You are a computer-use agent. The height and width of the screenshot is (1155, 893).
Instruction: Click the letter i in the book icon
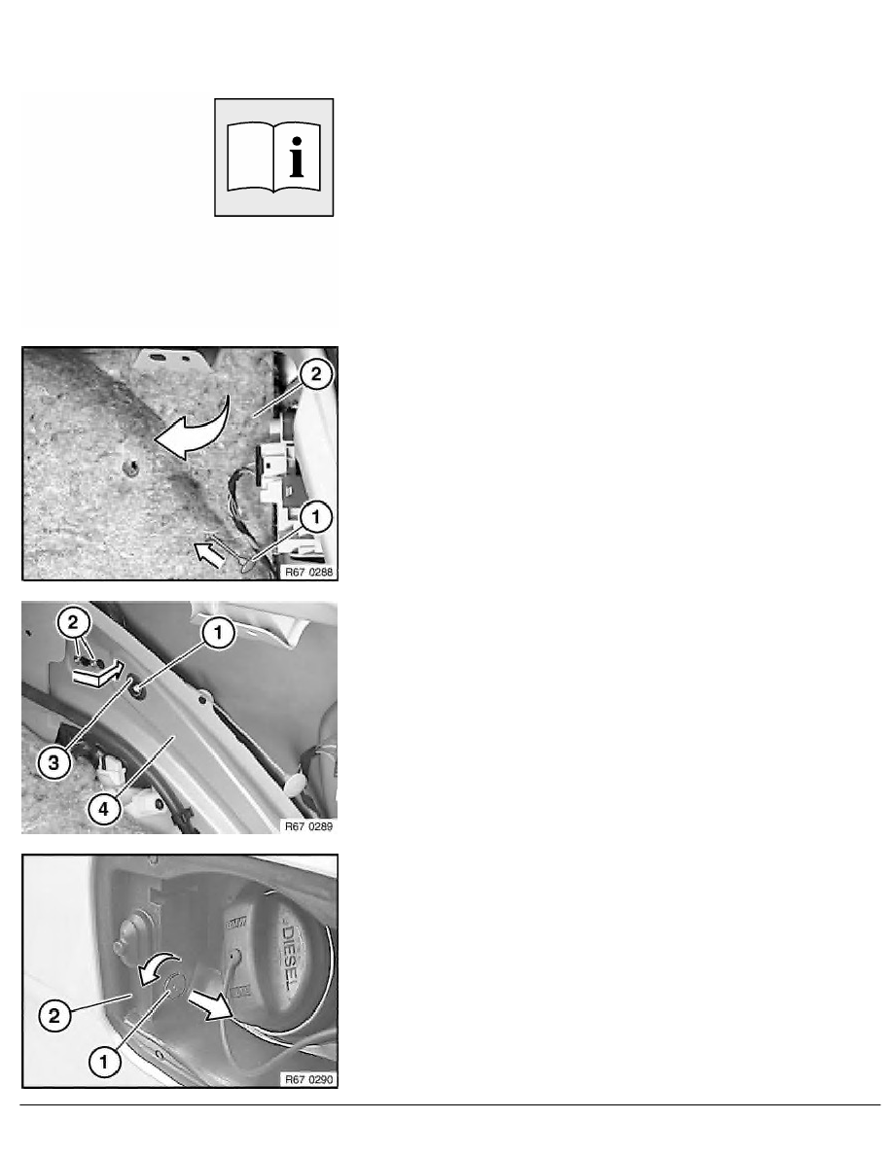[296, 157]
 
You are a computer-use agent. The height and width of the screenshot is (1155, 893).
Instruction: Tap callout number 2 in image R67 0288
[315, 374]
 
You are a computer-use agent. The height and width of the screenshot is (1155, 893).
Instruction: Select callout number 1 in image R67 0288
[315, 517]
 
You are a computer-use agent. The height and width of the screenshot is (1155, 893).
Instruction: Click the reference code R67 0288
[308, 572]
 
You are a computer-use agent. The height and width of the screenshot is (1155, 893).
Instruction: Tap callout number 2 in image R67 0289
[72, 622]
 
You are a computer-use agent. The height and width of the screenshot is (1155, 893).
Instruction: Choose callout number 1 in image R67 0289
[218, 633]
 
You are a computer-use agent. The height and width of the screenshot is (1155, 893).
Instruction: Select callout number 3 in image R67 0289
[54, 762]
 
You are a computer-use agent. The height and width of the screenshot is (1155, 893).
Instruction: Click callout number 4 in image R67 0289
[103, 809]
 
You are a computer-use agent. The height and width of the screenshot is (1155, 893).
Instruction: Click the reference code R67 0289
[308, 826]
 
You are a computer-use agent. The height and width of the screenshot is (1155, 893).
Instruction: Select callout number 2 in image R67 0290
[54, 1017]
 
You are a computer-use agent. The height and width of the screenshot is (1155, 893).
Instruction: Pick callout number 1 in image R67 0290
[103, 1062]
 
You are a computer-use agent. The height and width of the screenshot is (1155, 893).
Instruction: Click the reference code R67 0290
[308, 1079]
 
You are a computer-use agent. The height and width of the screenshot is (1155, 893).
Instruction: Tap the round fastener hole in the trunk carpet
[131, 467]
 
